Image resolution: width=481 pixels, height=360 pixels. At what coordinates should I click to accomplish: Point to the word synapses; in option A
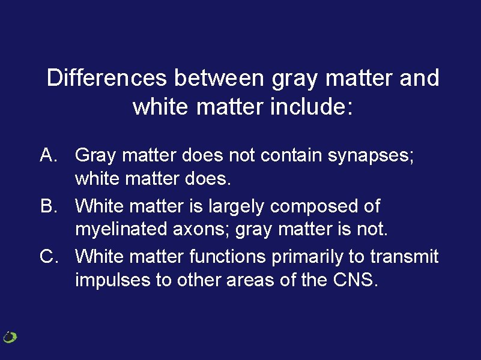371,156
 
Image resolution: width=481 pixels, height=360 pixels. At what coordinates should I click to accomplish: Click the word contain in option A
294,155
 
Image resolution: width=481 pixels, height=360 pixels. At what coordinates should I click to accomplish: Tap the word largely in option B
237,206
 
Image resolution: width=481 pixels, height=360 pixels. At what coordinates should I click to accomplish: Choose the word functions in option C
228,257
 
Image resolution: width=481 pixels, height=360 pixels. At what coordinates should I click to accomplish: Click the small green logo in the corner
10,337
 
